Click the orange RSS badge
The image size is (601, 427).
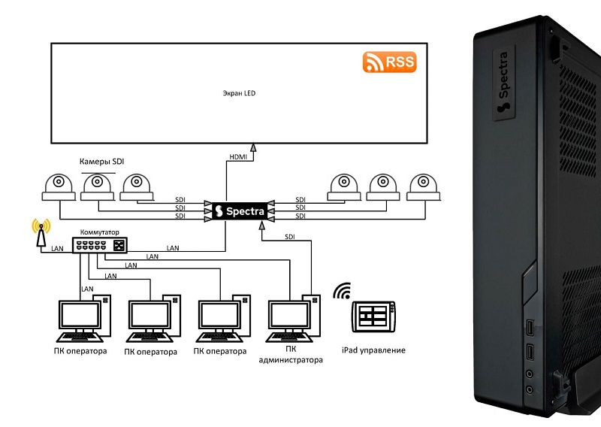[x=389, y=62]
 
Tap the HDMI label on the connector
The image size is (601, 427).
[x=237, y=158]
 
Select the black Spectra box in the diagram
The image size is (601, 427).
[x=238, y=211]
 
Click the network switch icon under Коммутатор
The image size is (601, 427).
[x=101, y=246]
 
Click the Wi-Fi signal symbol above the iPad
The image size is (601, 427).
[x=343, y=291]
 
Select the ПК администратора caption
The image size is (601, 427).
[x=291, y=355]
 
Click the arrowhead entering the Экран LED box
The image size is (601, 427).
[x=253, y=149]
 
